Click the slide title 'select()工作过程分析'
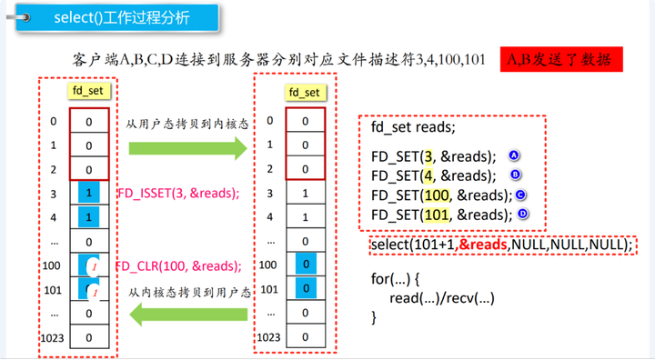[122, 17]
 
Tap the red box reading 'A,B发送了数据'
[561, 59]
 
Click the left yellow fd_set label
[88, 91]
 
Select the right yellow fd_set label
[305, 93]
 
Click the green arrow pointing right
[188, 148]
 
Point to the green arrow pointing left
[188, 315]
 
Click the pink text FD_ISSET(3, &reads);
[179, 194]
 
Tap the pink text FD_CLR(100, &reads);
[178, 266]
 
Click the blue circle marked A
[513, 155]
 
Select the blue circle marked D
[522, 214]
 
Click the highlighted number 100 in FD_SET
[437, 195]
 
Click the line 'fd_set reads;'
[413, 126]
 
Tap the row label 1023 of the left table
[52, 338]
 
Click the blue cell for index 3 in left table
[89, 193]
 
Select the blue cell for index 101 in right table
[306, 288]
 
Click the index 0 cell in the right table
[306, 120]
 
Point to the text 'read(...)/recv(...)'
[442, 298]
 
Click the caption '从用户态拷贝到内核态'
[187, 124]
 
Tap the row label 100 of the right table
[267, 265]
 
